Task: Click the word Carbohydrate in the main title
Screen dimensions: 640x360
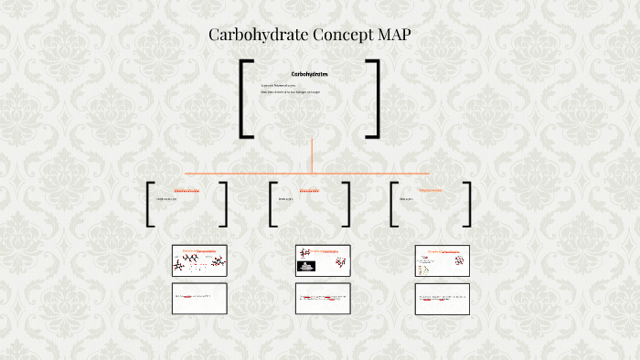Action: [x=251, y=36]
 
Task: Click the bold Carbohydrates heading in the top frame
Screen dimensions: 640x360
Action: [x=310, y=74]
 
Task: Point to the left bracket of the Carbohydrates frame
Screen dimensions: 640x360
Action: [x=244, y=99]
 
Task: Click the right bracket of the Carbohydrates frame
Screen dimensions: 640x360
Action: [x=375, y=99]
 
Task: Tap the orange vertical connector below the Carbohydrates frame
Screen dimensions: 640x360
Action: [x=312, y=154]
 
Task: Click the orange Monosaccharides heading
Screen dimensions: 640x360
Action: [x=187, y=191]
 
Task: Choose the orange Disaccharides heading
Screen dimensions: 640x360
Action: [x=310, y=191]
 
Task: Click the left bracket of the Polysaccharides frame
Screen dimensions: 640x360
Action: [x=393, y=204]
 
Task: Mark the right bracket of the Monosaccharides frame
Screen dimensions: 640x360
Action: [x=224, y=204]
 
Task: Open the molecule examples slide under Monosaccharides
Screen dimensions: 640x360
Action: [x=199, y=260]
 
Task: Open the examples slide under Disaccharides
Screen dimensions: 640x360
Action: [x=323, y=260]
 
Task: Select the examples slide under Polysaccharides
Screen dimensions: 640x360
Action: [x=442, y=260]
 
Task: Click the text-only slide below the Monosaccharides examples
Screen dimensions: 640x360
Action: [x=199, y=298]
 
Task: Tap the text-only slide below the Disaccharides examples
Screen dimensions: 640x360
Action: [x=323, y=298]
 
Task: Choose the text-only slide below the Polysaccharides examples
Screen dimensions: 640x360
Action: [x=442, y=298]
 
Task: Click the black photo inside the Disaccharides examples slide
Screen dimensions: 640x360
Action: [x=307, y=267]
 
